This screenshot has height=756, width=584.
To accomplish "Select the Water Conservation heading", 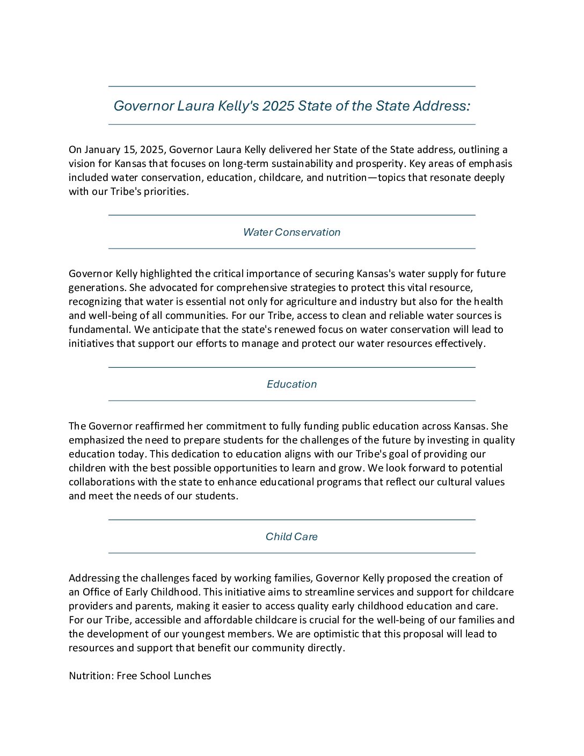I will click(291, 232).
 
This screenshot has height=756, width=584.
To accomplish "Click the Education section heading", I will click(291, 384).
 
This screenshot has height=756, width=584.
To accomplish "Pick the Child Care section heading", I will click(291, 536).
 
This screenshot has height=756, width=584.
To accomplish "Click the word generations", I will click(96, 287).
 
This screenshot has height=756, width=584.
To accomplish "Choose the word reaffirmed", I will click(159, 426).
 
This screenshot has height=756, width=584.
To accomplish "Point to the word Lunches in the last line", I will click(191, 675).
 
